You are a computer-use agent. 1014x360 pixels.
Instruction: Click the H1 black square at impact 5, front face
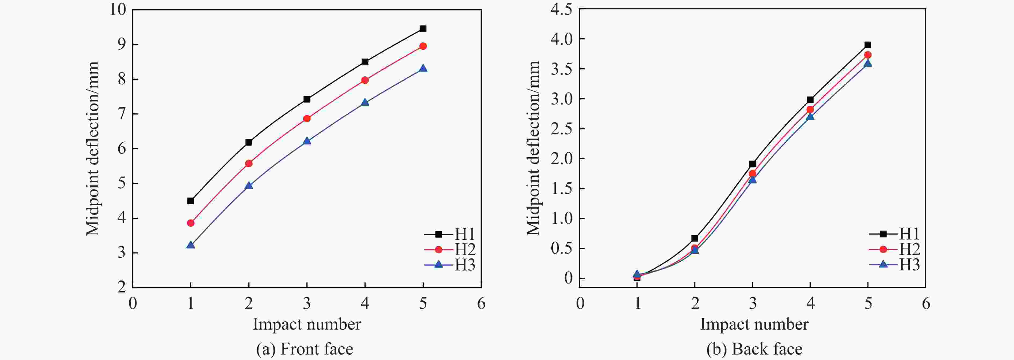click(423, 29)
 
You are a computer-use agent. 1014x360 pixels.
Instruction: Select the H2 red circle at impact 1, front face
click(191, 223)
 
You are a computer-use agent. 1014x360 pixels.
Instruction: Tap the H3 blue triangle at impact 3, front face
click(307, 141)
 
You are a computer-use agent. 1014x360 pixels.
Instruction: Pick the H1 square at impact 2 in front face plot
click(249, 142)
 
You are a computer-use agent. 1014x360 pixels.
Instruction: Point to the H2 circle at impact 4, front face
click(365, 80)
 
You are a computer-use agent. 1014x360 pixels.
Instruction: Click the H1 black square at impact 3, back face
click(752, 164)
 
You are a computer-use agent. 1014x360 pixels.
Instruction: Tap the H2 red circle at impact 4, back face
click(810, 109)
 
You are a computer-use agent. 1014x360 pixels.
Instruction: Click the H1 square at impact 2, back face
click(695, 238)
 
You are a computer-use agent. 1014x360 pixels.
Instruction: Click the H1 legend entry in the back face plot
click(895, 234)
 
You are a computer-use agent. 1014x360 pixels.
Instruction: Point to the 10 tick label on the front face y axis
click(118, 9)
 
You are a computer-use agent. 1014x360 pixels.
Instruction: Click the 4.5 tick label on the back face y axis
click(561, 9)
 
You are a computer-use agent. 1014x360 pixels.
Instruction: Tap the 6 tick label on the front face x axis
click(481, 304)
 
